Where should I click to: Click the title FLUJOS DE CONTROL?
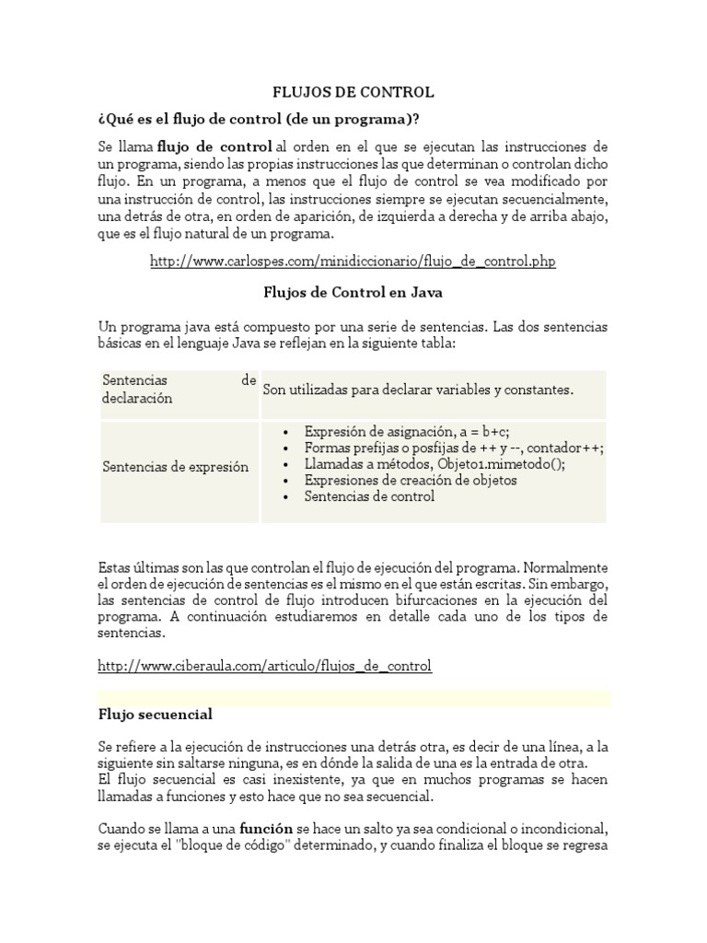click(x=353, y=93)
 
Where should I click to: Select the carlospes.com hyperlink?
click(x=353, y=262)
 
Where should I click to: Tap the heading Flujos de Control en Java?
click(x=353, y=293)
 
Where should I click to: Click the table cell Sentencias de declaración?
click(x=179, y=390)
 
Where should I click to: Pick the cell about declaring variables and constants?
click(x=418, y=390)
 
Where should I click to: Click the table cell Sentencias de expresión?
click(x=175, y=467)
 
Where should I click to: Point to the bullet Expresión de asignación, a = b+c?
click(x=407, y=431)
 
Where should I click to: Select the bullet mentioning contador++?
click(x=454, y=448)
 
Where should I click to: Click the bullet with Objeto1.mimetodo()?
click(x=435, y=463)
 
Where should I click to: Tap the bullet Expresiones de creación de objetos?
click(x=411, y=480)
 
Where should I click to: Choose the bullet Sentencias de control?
click(x=369, y=496)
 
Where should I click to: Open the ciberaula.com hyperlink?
click(x=264, y=665)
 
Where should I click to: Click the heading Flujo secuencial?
click(x=155, y=715)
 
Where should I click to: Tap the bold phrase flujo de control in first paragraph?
click(x=214, y=147)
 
